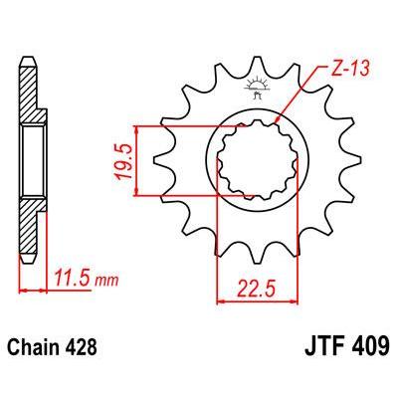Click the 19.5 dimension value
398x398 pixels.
pyautogui.click(x=124, y=161)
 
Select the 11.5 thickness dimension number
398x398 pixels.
pyautogui.click(x=72, y=279)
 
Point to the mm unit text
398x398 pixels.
pyautogui.click(x=106, y=281)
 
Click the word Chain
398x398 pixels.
pyautogui.click(x=31, y=346)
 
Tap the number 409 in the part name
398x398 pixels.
pyautogui.click(x=369, y=345)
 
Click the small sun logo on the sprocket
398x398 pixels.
pyautogui.click(x=256, y=88)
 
